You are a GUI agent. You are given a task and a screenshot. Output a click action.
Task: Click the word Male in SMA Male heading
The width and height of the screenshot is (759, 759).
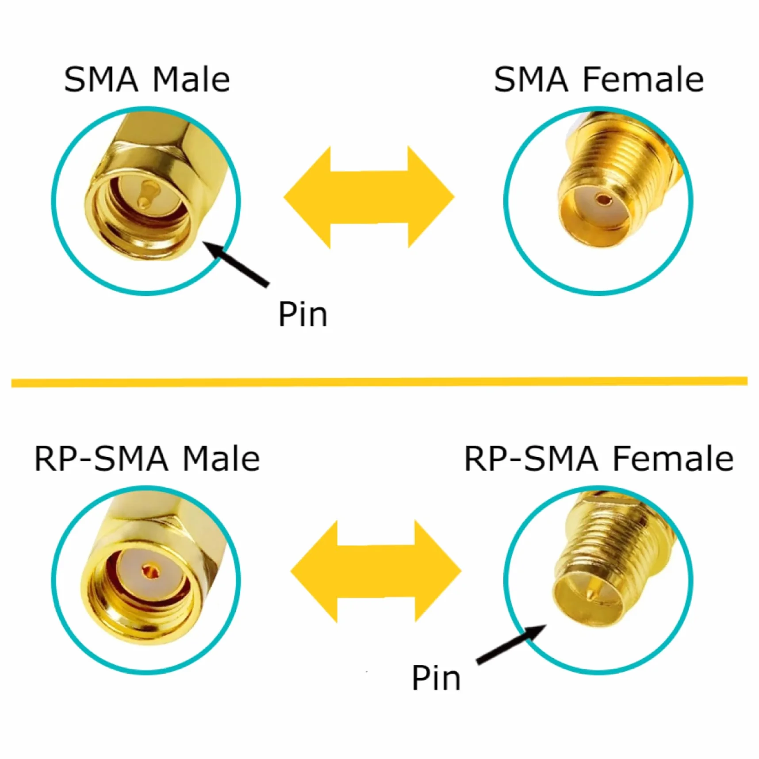[191, 80]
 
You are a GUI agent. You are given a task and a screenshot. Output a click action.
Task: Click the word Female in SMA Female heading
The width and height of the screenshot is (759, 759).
[643, 80]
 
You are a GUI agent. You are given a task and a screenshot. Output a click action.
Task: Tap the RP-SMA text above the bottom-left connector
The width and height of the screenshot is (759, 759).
[101, 459]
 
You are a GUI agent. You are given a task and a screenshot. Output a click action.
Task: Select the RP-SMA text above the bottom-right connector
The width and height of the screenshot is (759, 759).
[532, 459]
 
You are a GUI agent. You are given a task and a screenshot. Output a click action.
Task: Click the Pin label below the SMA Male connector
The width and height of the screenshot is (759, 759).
[303, 314]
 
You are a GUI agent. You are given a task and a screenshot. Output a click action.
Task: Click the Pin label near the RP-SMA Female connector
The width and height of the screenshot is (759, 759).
[436, 677]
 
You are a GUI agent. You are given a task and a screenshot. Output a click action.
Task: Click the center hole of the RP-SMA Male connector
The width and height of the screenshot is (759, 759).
[150, 572]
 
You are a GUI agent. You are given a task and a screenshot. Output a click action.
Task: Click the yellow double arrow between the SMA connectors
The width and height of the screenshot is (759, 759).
[369, 197]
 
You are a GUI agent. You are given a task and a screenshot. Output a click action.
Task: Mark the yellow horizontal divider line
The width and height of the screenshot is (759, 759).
[379, 382]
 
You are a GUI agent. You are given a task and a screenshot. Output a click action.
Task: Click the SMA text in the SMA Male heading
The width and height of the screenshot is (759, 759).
[101, 80]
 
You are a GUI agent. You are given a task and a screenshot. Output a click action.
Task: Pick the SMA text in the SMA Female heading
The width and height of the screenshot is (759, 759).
[531, 80]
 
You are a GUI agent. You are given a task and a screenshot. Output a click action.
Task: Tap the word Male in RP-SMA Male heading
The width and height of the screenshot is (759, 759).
[221, 459]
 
